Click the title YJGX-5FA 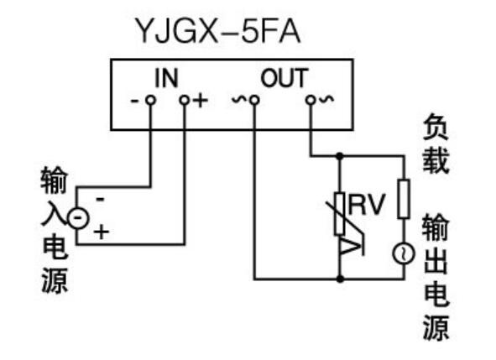click(x=217, y=31)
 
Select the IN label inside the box click(x=166, y=78)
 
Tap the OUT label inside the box click(x=284, y=78)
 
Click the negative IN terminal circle click(x=150, y=101)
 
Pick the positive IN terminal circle click(x=184, y=101)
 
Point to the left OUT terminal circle click(x=254, y=101)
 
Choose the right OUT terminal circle click(x=311, y=101)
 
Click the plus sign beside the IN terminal click(x=201, y=101)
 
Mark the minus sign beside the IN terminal click(x=135, y=101)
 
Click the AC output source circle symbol click(x=404, y=253)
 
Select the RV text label click(x=366, y=204)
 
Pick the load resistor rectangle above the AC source click(x=404, y=199)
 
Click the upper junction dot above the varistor click(x=340, y=156)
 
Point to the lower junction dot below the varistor click(x=340, y=279)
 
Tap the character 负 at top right click(x=436, y=127)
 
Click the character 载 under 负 click(x=436, y=161)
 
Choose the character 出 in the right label click(x=436, y=261)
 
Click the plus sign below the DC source click(x=102, y=232)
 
